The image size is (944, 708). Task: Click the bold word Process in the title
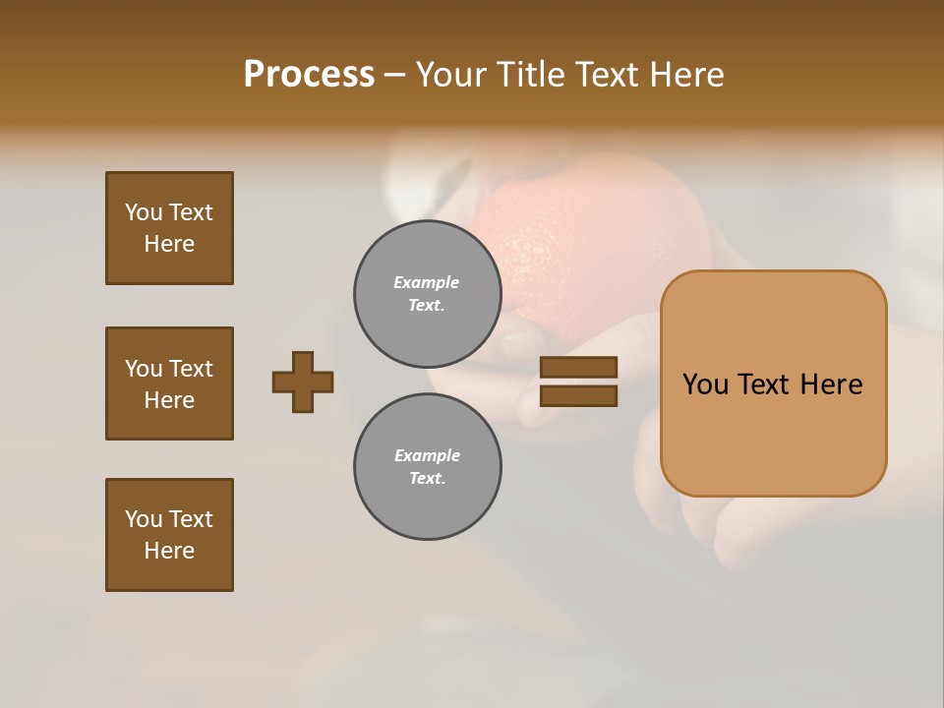pos(309,75)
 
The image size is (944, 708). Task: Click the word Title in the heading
pos(529,75)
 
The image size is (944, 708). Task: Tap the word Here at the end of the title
pos(684,75)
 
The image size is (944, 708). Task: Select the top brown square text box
pos(169,228)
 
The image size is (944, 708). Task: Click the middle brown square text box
pos(169,383)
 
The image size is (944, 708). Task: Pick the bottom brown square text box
pos(169,535)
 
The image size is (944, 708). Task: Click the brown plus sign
pos(303,382)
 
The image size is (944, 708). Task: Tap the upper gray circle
pos(428,294)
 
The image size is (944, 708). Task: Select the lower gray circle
pos(428,467)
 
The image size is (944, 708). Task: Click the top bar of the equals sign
pos(578,367)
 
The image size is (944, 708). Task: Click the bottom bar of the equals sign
pos(578,396)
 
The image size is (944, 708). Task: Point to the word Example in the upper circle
pos(427,282)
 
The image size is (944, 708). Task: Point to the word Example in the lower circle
pos(427,455)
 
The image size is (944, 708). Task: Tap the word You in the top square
pos(143,212)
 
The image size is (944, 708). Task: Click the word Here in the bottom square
pos(169,551)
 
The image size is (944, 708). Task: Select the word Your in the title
pos(451,75)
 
